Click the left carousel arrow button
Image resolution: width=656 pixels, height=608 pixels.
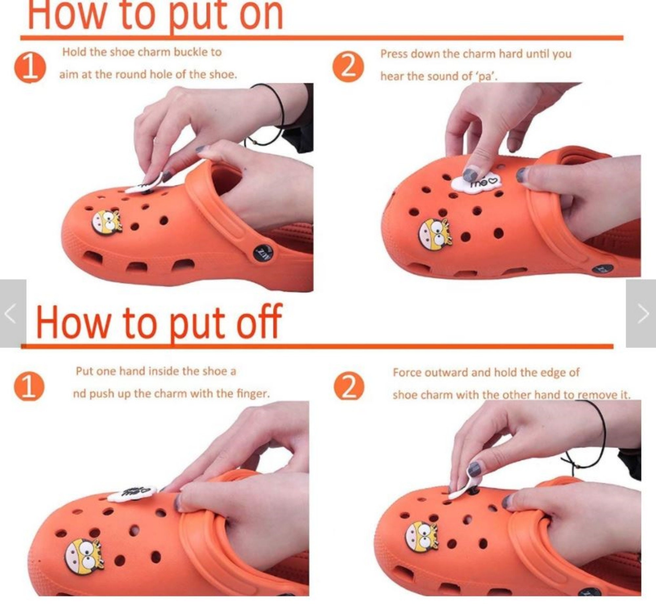tap(12, 313)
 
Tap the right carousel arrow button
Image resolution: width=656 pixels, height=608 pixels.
tap(641, 313)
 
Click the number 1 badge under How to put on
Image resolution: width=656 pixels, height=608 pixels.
tap(30, 67)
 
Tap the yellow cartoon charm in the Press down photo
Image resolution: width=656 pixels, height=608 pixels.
tap(435, 234)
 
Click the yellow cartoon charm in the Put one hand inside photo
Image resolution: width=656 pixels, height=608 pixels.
tap(84, 556)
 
